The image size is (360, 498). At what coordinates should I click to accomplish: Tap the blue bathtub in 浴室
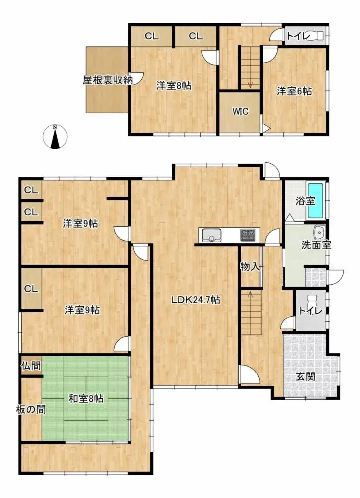point(315,200)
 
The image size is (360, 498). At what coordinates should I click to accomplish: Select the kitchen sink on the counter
point(211,235)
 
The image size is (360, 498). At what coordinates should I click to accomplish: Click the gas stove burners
point(248,234)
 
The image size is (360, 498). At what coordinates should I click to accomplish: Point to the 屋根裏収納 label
point(108,79)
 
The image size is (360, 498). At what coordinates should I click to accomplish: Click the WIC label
point(240,111)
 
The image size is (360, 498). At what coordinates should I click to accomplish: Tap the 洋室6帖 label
point(295,91)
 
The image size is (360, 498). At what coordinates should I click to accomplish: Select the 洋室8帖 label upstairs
point(174,86)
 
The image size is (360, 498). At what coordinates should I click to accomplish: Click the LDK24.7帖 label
point(196,300)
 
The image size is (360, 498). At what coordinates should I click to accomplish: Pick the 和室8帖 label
point(86,398)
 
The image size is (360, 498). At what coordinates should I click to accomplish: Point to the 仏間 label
point(31,366)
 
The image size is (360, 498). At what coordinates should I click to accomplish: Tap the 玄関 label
point(306,376)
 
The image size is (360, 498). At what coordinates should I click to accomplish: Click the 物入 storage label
point(250,267)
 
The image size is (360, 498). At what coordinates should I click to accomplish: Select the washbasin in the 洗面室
point(319,232)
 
